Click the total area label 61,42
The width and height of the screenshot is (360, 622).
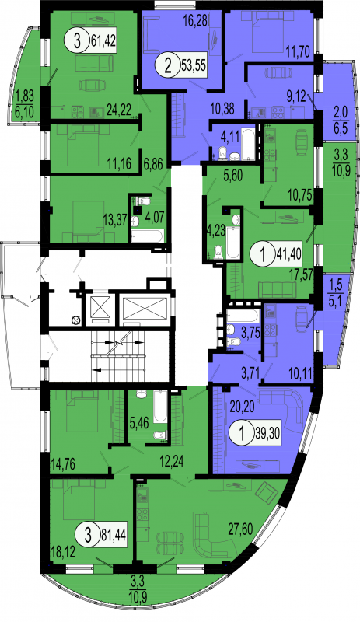click(103, 40)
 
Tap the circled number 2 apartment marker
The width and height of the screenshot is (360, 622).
click(169, 65)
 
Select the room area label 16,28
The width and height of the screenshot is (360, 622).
click(195, 21)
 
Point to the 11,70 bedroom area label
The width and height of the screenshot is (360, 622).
click(298, 50)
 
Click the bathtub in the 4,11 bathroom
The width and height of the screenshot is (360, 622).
click(248, 143)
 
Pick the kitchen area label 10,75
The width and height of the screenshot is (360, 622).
click(299, 194)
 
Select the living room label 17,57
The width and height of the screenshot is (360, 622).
click(301, 274)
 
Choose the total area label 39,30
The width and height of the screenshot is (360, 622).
click(267, 433)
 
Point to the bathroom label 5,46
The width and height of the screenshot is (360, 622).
click(139, 423)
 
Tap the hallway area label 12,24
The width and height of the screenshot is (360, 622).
click(171, 462)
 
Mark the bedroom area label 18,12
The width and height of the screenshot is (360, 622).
click(64, 553)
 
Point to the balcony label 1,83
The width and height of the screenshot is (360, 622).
click(24, 96)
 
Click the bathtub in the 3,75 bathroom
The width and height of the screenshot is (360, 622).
click(243, 316)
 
